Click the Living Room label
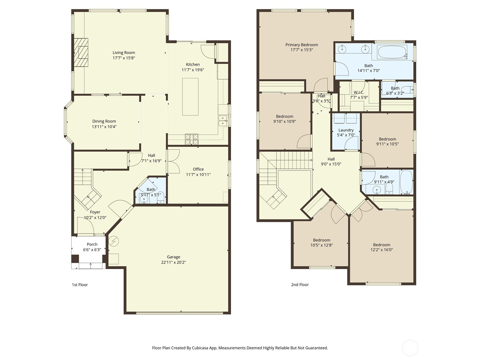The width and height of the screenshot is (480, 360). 124,52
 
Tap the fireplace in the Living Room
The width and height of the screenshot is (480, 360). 82,52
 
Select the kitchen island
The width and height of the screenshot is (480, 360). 190,97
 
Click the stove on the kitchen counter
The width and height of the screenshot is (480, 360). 191,139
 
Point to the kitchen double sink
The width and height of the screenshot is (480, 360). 223,120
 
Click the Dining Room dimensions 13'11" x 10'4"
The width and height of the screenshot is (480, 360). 104,127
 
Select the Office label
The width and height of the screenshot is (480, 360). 198,169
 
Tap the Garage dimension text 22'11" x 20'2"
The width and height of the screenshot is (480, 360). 173,262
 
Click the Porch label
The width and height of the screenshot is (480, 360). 92,244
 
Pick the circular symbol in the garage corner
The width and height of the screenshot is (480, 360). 114,241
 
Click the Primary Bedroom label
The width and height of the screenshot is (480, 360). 301,45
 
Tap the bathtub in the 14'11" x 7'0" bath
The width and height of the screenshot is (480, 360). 392,52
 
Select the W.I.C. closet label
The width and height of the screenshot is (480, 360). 358,92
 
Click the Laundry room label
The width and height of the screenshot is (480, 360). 346,130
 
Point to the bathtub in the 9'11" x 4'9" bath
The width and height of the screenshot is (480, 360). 406,182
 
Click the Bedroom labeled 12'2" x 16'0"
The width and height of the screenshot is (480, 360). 382,245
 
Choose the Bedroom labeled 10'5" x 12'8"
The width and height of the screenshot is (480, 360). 322,240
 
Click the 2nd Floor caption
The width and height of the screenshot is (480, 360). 300,285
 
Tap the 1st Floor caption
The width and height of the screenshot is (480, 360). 80,285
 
